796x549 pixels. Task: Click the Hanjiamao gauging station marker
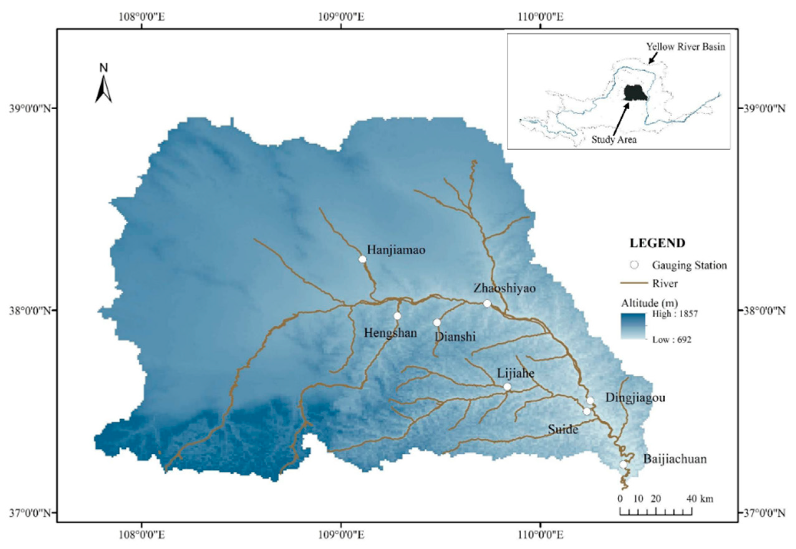pyautogui.click(x=362, y=259)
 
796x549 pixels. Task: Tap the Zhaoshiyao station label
pyautogui.click(x=504, y=288)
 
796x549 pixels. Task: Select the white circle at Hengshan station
pyautogui.click(x=398, y=316)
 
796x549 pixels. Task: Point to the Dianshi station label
pyautogui.click(x=455, y=337)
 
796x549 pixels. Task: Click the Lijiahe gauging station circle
pyautogui.click(x=507, y=387)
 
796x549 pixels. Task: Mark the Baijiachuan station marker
pyautogui.click(x=623, y=464)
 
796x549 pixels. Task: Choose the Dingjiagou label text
pyautogui.click(x=635, y=398)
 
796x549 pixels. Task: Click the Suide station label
pyautogui.click(x=563, y=429)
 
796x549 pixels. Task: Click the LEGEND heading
pyautogui.click(x=657, y=243)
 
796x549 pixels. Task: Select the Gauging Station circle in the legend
pyautogui.click(x=634, y=265)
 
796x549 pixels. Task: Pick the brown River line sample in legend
pyautogui.click(x=634, y=284)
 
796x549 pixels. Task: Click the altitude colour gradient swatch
pyautogui.click(x=633, y=326)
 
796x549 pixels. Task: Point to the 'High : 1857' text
pyautogui.click(x=675, y=314)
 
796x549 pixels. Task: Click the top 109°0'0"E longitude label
pyautogui.click(x=341, y=17)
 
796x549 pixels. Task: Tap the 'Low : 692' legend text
pyautogui.click(x=671, y=340)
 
